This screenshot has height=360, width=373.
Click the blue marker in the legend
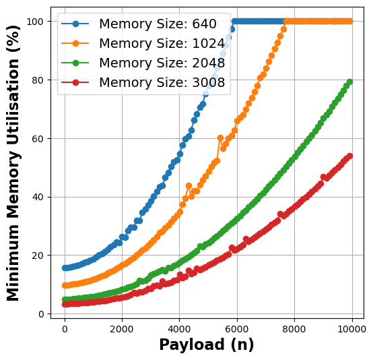pyautogui.click(x=75, y=24)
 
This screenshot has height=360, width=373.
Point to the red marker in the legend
pyautogui.click(x=75, y=83)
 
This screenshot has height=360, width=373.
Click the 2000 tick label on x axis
pyautogui.click(x=122, y=330)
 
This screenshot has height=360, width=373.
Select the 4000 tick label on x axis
pyautogui.click(x=179, y=330)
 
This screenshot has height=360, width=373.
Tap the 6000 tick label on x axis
pyautogui.click(x=236, y=330)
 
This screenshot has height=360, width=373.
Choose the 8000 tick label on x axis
pyautogui.click(x=294, y=330)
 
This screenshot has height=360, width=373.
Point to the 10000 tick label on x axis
pyautogui.click(x=351, y=330)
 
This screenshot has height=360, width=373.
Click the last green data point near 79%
pyautogui.click(x=349, y=82)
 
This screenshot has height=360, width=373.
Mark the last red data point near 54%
pyautogui.click(x=349, y=156)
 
